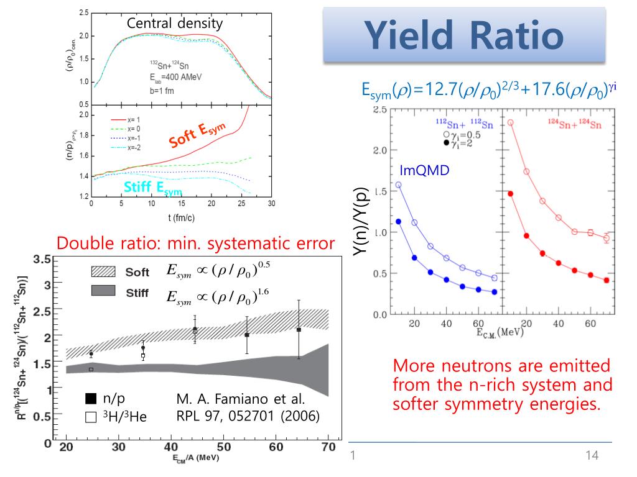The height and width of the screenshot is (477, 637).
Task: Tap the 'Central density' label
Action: point(174,24)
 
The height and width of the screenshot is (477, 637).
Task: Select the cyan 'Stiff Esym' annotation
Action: point(153,188)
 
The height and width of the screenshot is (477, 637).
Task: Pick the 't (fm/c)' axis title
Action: point(180,218)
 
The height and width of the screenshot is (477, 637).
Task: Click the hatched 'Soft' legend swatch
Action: point(103,271)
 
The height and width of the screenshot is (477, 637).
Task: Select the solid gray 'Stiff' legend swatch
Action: point(103,291)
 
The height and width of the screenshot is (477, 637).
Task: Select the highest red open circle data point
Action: point(511,122)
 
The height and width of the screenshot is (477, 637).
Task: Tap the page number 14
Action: point(592,456)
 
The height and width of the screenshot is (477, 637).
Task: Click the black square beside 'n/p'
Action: point(90,398)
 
